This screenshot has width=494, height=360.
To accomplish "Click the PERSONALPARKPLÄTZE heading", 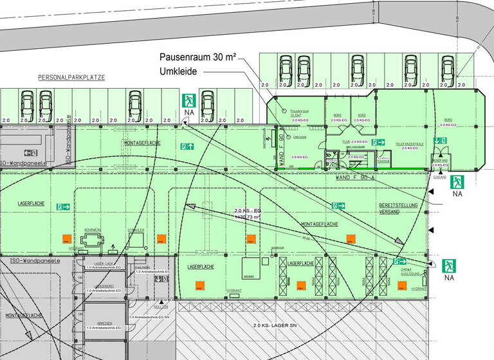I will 71,77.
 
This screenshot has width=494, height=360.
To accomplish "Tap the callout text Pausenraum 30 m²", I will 198,57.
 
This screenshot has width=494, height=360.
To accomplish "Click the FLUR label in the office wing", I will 345,141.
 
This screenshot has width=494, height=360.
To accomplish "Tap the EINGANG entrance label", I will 441,175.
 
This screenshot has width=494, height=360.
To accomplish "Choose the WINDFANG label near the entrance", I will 440,161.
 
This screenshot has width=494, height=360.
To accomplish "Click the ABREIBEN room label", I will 104,323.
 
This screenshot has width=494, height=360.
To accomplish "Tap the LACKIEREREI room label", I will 104,286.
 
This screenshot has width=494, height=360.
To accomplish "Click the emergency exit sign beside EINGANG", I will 457,182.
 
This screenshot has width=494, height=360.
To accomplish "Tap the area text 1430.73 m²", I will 248,217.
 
